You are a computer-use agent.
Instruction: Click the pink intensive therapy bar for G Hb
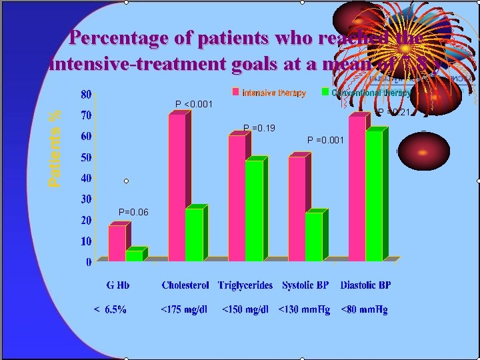click(117, 243)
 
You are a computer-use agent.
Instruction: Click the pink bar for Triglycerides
click(237, 198)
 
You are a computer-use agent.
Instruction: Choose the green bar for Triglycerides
click(254, 211)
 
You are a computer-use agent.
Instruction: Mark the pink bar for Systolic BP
click(297, 209)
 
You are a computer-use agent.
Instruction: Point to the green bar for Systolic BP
click(314, 237)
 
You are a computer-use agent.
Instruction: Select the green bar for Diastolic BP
click(374, 195)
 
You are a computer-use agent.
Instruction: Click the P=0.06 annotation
click(133, 212)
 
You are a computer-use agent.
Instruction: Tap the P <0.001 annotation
click(194, 104)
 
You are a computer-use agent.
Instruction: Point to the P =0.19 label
click(259, 127)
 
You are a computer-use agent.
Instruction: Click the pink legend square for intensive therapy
click(235, 92)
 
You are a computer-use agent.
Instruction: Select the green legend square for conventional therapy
click(325, 92)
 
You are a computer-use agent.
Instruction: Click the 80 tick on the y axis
click(86, 94)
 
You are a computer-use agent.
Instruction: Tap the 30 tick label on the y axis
click(86, 199)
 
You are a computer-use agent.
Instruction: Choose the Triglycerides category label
click(245, 285)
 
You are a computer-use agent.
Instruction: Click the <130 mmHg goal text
click(304, 309)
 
